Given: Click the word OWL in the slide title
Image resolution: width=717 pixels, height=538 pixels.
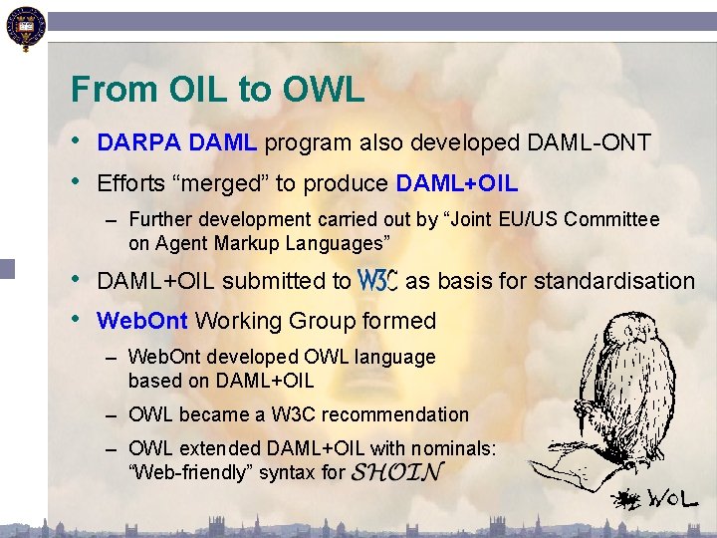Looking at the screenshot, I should tap(324, 90).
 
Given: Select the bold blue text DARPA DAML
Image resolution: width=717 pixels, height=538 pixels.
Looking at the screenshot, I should tap(177, 143).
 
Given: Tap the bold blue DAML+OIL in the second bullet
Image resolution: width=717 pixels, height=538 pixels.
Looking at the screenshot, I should tap(457, 184).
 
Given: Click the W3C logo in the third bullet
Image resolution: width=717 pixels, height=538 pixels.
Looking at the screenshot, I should tap(377, 281).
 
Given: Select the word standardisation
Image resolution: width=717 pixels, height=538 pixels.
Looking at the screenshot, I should tap(614, 281).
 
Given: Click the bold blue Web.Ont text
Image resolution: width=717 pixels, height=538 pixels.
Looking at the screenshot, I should tap(143, 321).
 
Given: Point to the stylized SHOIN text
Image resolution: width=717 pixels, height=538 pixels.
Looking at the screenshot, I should tap(397, 471).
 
